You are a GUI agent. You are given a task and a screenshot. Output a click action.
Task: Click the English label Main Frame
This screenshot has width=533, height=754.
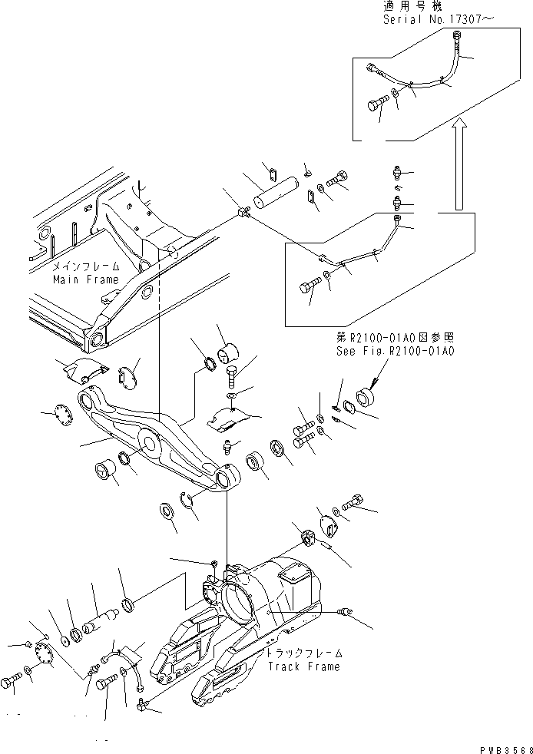[86, 280]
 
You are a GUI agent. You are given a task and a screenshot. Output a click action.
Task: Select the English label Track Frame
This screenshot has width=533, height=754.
[303, 666]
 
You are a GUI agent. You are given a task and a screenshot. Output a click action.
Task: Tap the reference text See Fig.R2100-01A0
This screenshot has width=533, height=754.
[396, 351]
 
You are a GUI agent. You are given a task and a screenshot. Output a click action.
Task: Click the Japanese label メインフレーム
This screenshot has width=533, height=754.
[86, 266]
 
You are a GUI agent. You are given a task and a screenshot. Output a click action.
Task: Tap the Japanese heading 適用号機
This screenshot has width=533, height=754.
[408, 6]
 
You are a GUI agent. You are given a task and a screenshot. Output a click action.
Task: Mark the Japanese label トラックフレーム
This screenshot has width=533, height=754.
[303, 653]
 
